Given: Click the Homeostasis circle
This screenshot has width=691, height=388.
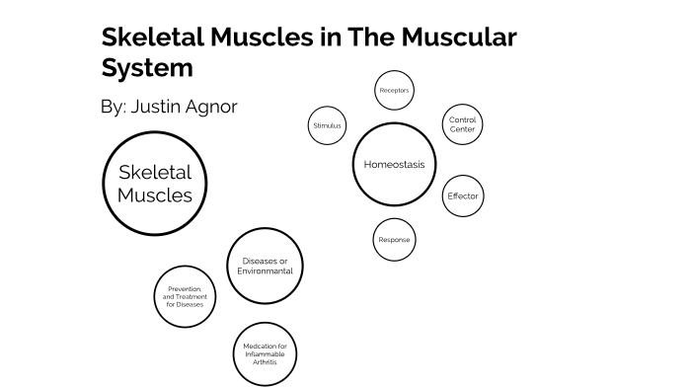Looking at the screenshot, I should tap(394, 164).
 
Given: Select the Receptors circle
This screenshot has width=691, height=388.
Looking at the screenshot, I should tap(394, 91).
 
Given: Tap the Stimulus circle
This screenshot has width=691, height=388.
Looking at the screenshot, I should tap(327, 125).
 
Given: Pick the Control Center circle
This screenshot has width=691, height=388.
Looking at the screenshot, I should tap(462, 124).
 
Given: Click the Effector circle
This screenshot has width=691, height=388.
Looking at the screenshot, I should tap(462, 195).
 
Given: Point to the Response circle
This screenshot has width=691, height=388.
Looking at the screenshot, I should tap(394, 240).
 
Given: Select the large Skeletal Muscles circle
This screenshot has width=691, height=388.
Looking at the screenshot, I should tap(155, 184).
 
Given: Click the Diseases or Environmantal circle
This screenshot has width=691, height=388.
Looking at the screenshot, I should tap(265, 266).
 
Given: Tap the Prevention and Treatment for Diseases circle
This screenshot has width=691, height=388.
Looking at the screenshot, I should tap(185, 296).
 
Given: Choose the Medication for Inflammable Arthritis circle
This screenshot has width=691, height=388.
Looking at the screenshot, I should tap(265, 353).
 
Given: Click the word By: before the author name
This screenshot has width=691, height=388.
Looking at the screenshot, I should tap(115, 107).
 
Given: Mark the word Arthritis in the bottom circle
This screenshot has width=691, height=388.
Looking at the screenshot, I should tap(265, 362).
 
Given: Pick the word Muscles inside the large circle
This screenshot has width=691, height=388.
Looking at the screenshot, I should tap(155, 195).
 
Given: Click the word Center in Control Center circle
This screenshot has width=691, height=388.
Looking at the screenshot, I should tap(462, 129).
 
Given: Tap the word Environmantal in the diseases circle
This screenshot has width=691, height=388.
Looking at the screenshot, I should tap(265, 271).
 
